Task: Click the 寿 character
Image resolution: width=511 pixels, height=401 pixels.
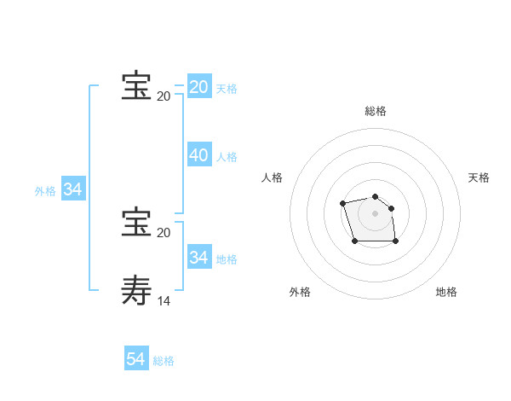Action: [136, 289]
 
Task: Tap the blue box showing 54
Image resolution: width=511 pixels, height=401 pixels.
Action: [135, 359]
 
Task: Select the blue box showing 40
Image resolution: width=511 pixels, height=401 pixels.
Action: [198, 155]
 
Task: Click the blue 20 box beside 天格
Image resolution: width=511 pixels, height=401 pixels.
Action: [198, 87]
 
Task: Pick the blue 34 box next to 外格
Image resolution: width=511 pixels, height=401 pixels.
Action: [72, 189]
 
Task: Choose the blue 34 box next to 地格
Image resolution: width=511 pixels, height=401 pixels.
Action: [198, 257]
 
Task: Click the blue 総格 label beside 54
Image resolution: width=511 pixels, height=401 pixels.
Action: [164, 361]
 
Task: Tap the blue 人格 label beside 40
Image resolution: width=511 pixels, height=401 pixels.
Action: [227, 157]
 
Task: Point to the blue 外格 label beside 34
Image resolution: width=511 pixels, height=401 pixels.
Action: [45, 191]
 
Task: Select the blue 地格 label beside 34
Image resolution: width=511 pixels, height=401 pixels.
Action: [227, 259]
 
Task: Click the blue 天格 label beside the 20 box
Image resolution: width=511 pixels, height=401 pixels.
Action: [227, 89]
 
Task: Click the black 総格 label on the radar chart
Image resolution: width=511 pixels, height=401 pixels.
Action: [376, 111]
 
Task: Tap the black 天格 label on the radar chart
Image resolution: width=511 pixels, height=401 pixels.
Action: [479, 177]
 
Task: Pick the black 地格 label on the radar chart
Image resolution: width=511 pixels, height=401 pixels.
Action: [446, 292]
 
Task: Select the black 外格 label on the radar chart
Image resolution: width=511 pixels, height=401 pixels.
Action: [300, 292]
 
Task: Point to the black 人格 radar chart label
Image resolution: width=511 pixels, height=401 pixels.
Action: [273, 177]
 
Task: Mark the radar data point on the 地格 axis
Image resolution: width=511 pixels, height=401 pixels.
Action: [396, 241]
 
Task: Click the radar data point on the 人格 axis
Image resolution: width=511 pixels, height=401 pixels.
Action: [342, 203]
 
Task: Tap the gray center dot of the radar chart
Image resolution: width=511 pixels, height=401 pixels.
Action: [376, 213]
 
